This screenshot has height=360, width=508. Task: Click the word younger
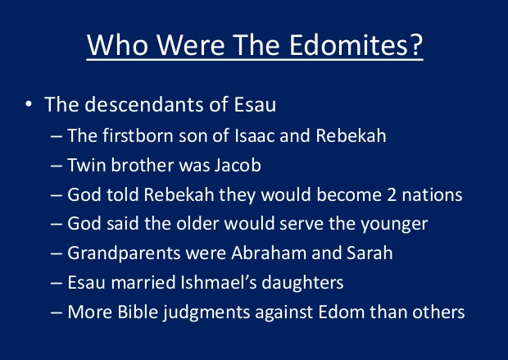click(x=387, y=224)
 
